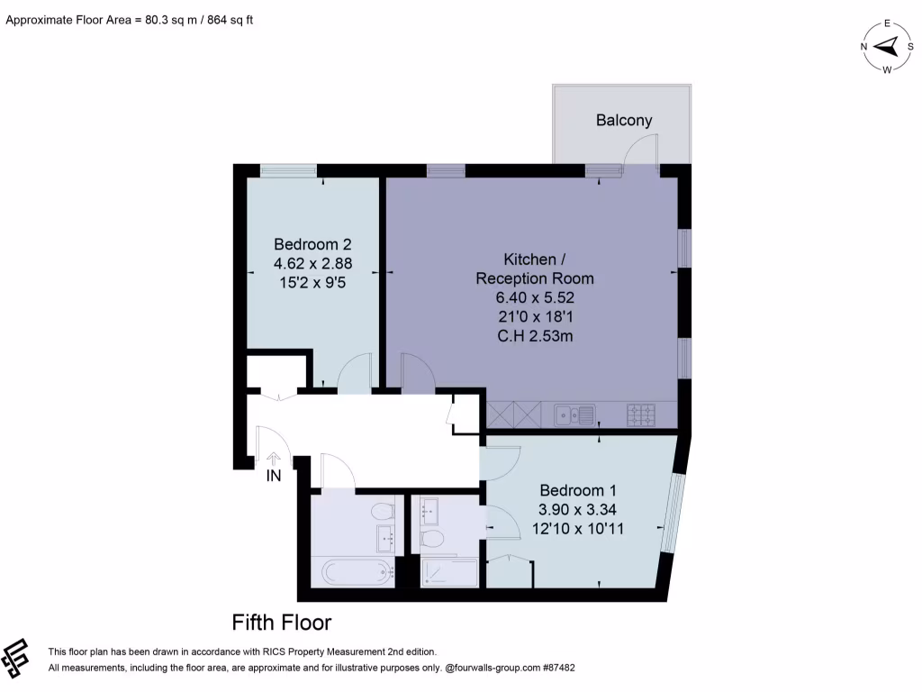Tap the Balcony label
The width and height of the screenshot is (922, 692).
tap(624, 120)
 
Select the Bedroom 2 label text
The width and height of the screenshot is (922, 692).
tap(312, 244)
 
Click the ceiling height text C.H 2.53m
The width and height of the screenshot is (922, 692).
tap(535, 336)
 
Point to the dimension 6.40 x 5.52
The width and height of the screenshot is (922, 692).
tap(535, 297)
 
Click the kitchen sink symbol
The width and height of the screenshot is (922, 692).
tap(574, 414)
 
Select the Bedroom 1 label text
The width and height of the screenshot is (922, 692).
tap(578, 490)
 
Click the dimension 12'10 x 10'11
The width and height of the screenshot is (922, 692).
tap(578, 529)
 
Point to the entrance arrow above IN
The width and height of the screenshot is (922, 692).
tap(273, 459)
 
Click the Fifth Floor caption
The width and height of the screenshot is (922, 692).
tap(282, 623)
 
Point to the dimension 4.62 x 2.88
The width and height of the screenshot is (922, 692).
tap(312, 264)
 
